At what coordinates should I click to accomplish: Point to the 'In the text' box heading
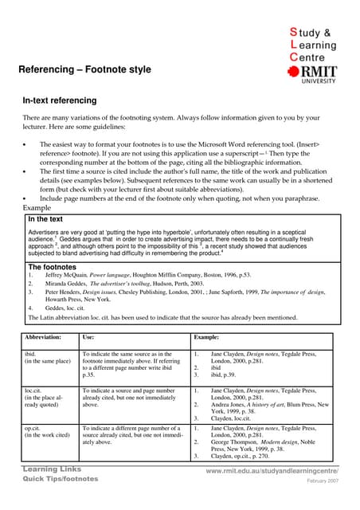coord(45,218)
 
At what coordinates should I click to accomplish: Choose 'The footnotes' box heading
coord(53,267)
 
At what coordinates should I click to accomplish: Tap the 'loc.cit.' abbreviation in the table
coord(36,390)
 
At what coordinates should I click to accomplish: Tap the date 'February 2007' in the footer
coord(323,483)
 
